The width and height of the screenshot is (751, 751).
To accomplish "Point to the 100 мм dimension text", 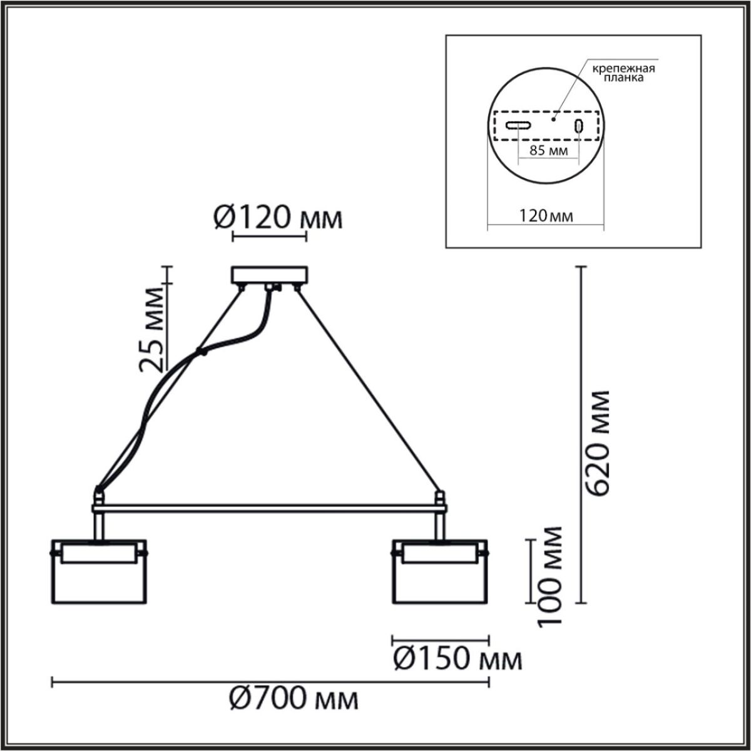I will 550,576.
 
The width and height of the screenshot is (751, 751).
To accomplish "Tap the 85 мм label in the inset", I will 549,151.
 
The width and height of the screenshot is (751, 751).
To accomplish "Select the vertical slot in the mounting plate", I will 579,126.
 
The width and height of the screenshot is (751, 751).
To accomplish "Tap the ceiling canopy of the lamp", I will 270,275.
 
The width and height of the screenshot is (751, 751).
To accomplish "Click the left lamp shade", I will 98,571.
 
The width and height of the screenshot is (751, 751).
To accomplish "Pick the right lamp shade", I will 440,571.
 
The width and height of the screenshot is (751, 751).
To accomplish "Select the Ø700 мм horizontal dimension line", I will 270,683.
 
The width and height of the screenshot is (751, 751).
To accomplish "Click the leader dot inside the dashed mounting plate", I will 553,117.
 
